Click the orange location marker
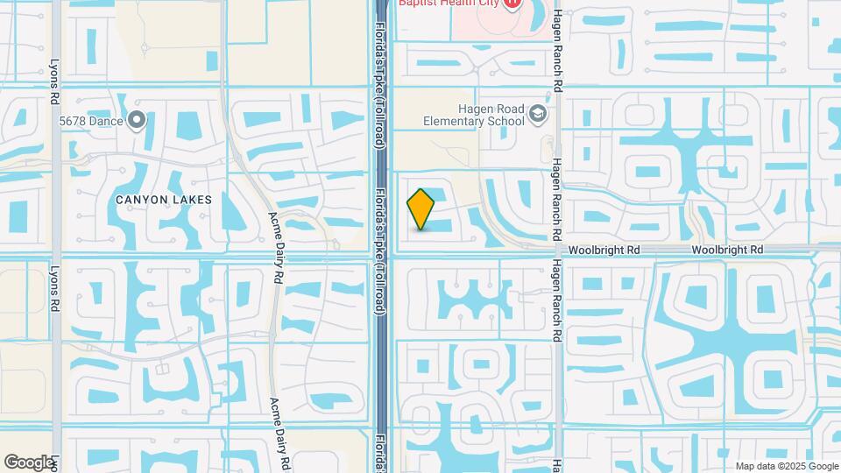coord(421,209)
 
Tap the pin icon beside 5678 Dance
coord(137,120)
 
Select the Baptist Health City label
coord(449,4)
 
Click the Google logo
coord(29,462)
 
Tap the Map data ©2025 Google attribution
coord(787,466)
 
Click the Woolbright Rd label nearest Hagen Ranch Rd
coord(604,251)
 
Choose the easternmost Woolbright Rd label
coord(727,251)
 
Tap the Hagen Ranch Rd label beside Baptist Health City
coord(556,53)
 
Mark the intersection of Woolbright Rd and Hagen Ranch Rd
coord(556,251)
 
